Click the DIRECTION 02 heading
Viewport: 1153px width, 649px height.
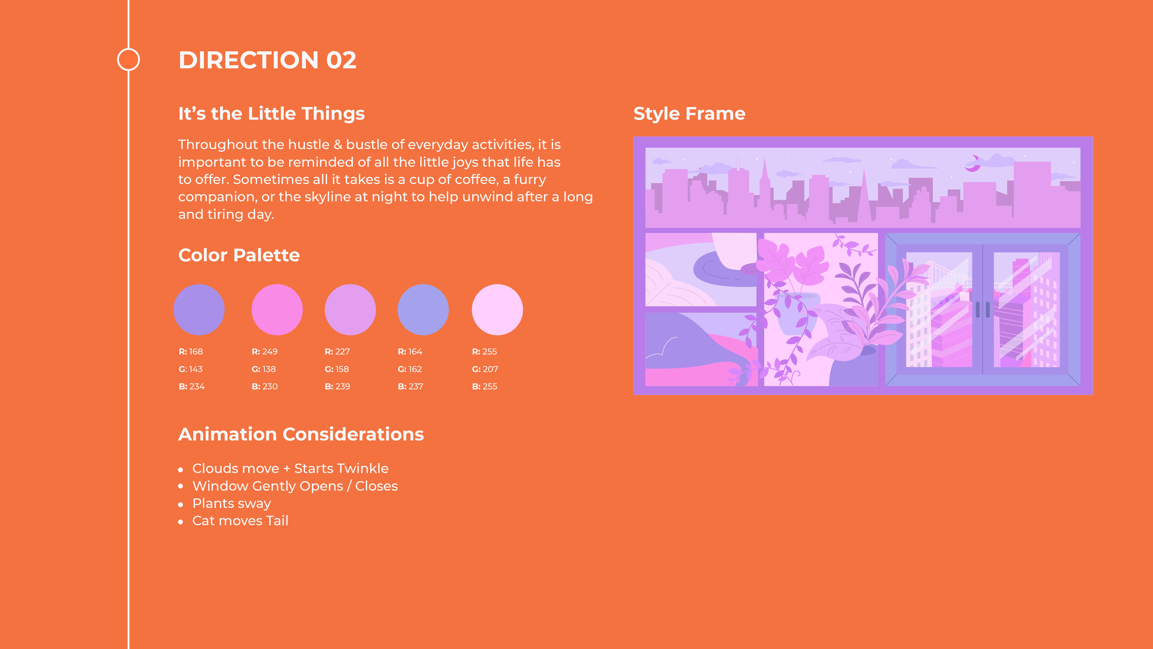(267, 60)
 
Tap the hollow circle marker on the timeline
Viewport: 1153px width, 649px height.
(129, 49)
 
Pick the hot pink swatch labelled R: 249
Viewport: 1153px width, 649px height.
(277, 309)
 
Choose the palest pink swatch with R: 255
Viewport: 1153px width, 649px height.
(497, 309)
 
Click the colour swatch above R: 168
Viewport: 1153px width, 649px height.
(199, 309)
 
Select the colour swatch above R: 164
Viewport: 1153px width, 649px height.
(423, 309)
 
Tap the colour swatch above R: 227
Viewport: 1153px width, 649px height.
(350, 309)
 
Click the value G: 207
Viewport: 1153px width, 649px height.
(485, 369)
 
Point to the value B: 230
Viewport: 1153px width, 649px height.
(265, 386)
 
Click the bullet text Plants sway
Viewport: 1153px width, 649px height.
(232, 504)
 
